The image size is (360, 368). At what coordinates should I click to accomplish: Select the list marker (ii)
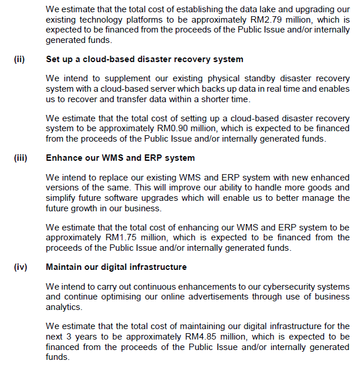19,60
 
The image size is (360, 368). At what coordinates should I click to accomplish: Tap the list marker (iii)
20,158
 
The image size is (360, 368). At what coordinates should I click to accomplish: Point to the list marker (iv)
20,267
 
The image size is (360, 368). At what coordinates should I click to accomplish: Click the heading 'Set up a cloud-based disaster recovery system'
144,60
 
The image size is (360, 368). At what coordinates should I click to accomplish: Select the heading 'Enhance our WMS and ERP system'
120,158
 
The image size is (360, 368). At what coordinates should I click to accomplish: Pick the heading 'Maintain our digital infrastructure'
116,267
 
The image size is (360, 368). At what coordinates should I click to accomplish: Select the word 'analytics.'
64,306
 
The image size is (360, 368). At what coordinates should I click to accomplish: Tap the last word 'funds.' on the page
57,356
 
